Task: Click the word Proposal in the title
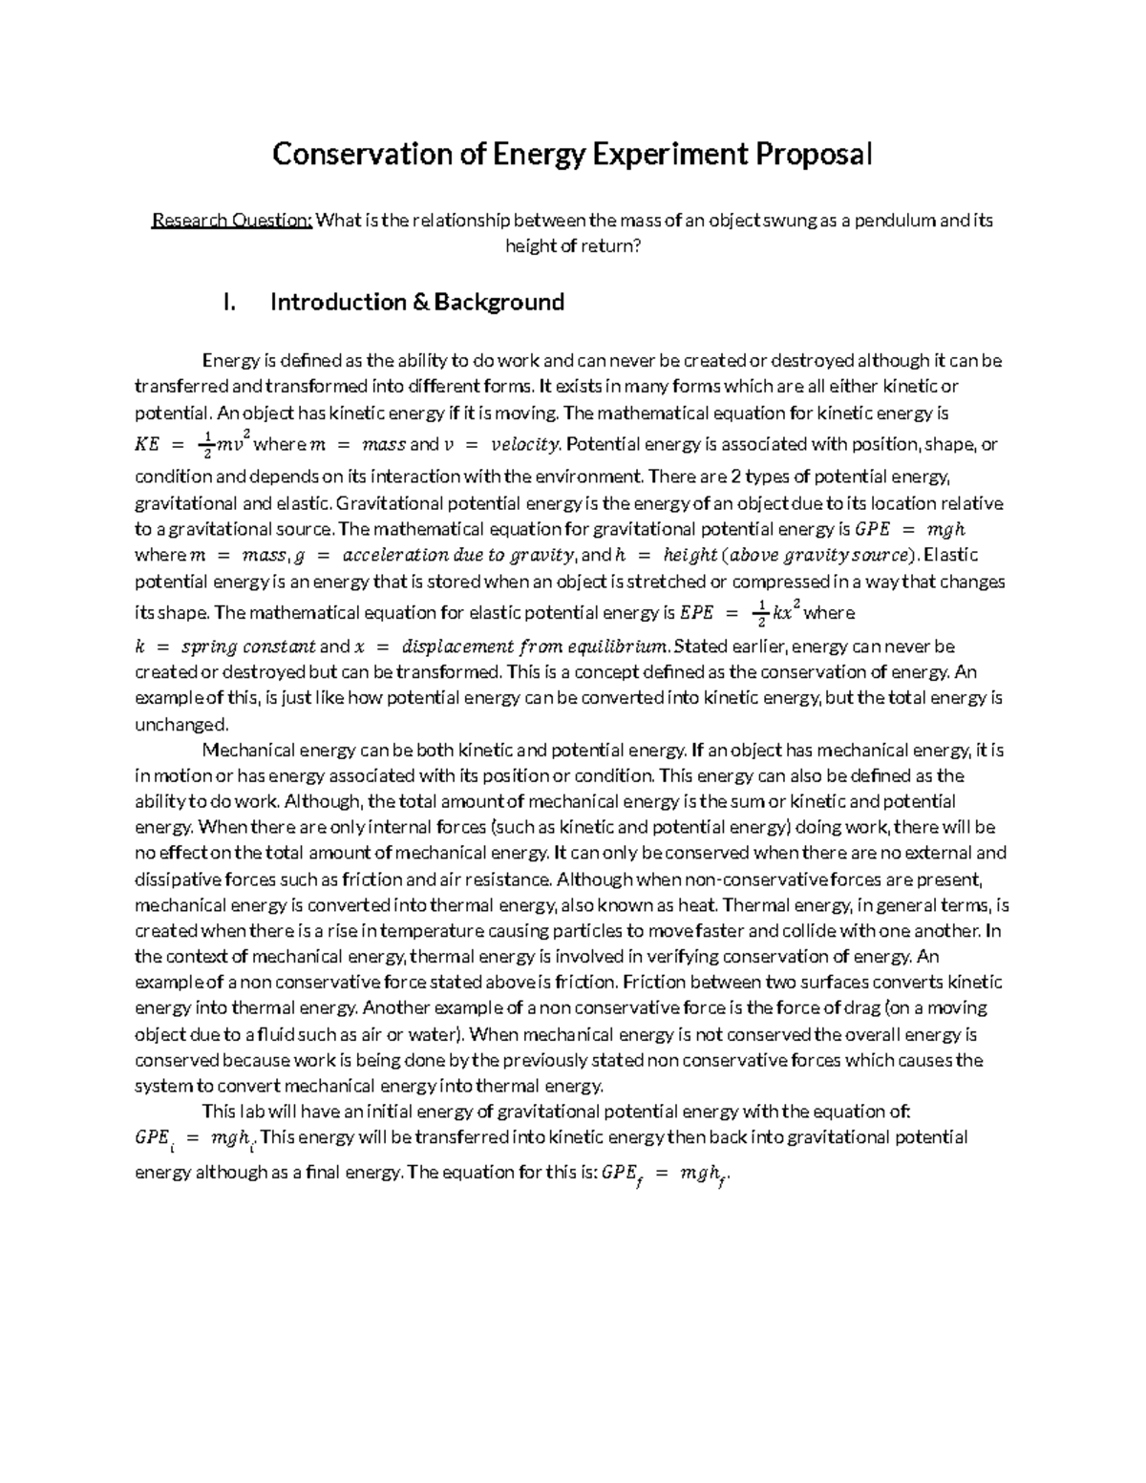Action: [x=815, y=154]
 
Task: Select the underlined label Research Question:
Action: [x=232, y=221]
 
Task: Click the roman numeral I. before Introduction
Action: [x=227, y=303]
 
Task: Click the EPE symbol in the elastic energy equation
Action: [x=695, y=613]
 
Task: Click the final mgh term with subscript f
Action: [x=704, y=1176]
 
